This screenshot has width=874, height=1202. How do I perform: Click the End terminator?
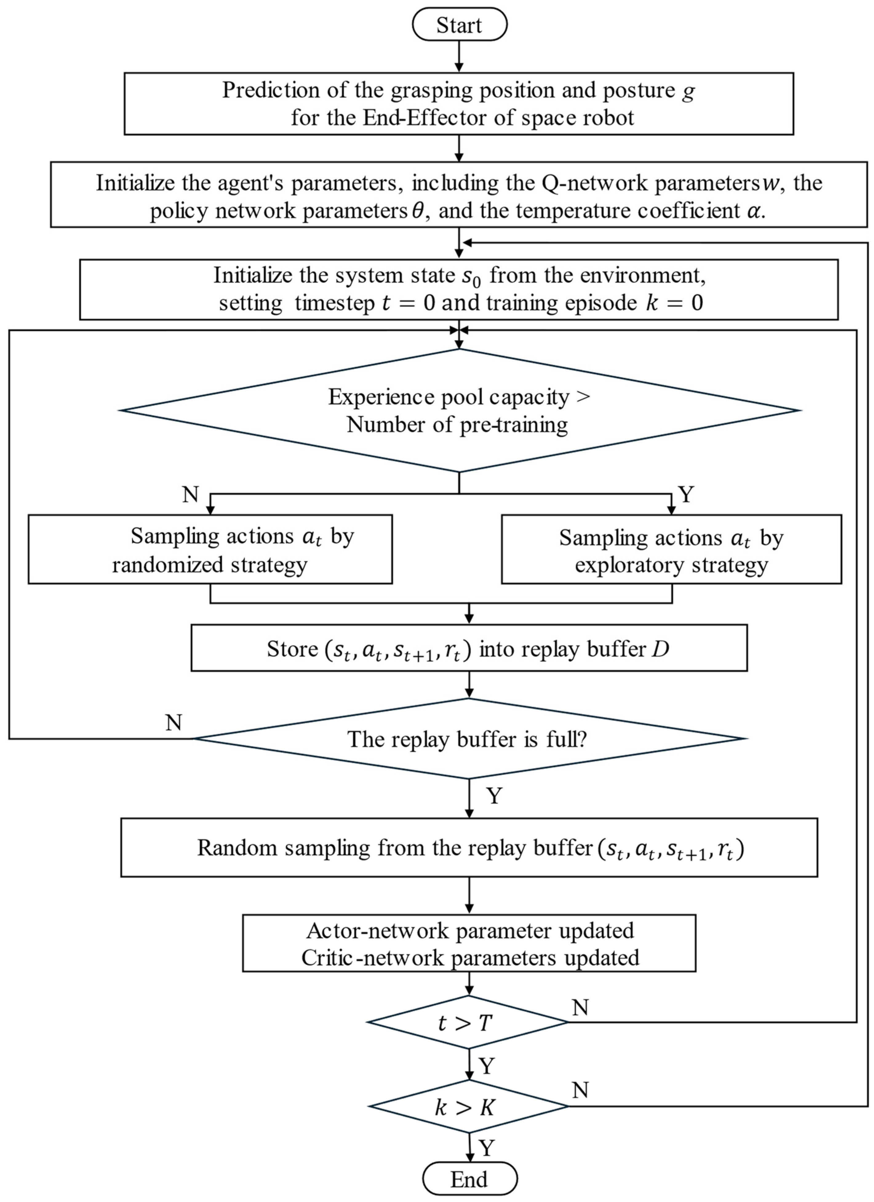point(469,1179)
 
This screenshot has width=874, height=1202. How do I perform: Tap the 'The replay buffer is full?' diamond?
point(468,739)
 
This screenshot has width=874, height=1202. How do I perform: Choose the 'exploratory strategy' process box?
point(671,550)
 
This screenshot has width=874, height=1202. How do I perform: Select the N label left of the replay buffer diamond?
point(174,722)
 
